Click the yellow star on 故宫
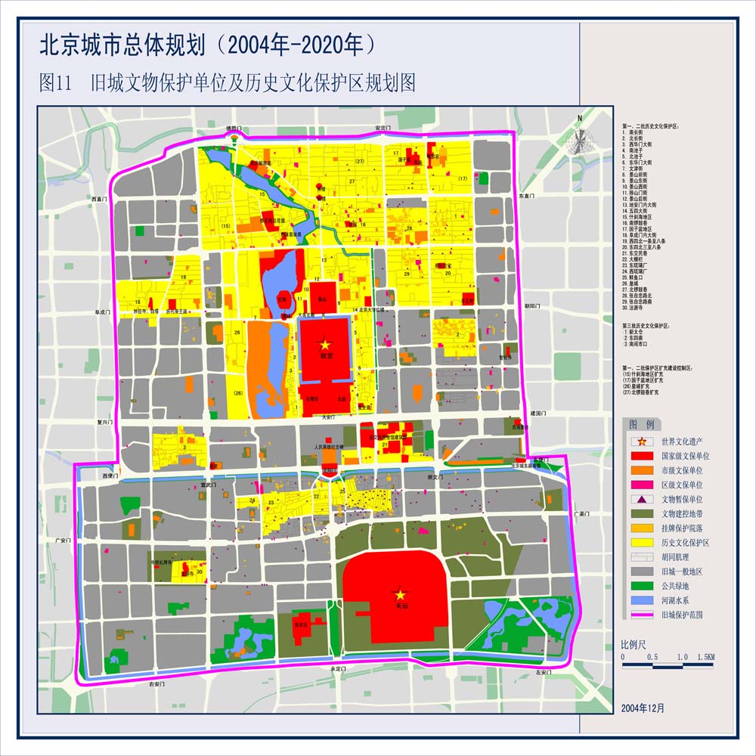pyautogui.click(x=325, y=344)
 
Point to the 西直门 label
pyautogui.click(x=101, y=199)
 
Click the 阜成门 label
pyautogui.click(x=103, y=311)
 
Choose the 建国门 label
pyautogui.click(x=538, y=414)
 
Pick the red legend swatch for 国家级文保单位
pyautogui.click(x=640, y=457)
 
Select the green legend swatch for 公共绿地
pyautogui.click(x=640, y=586)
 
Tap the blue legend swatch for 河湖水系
pyautogui.click(x=640, y=600)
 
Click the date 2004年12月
pyautogui.click(x=643, y=708)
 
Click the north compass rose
pyautogui.click(x=580, y=141)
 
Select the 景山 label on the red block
pyautogui.click(x=321, y=299)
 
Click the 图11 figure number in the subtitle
pyautogui.click(x=55, y=82)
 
